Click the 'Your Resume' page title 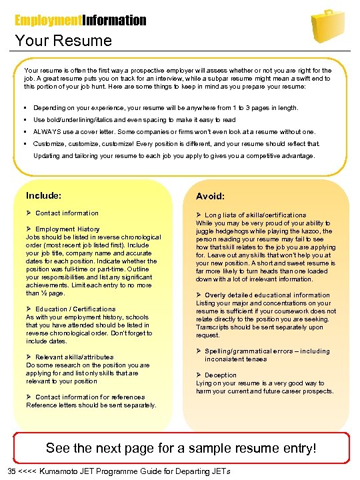coord(63,41)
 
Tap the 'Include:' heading coord(44,196)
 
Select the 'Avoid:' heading coord(210,197)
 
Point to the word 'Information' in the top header coord(109,21)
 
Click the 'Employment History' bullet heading coord(67,229)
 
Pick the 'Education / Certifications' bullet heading coord(75,309)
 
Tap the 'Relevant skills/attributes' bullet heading coord(74,357)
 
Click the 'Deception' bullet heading coord(221,375)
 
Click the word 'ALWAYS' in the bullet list coord(47,132)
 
